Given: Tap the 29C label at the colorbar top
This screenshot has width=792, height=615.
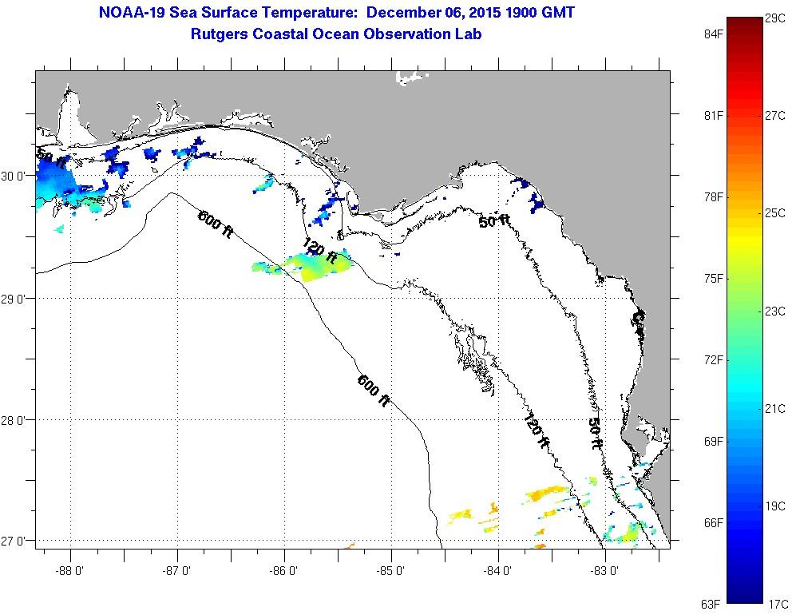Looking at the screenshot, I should point(774,18).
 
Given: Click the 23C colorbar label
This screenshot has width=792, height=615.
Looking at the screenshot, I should point(774,311).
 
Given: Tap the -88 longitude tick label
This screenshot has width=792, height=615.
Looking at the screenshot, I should point(70,570).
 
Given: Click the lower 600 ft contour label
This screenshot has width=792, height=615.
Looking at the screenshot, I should point(373,391).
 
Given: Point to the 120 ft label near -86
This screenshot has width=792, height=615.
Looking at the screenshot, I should point(319,250).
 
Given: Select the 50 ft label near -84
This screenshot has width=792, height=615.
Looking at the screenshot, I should point(495,221).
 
